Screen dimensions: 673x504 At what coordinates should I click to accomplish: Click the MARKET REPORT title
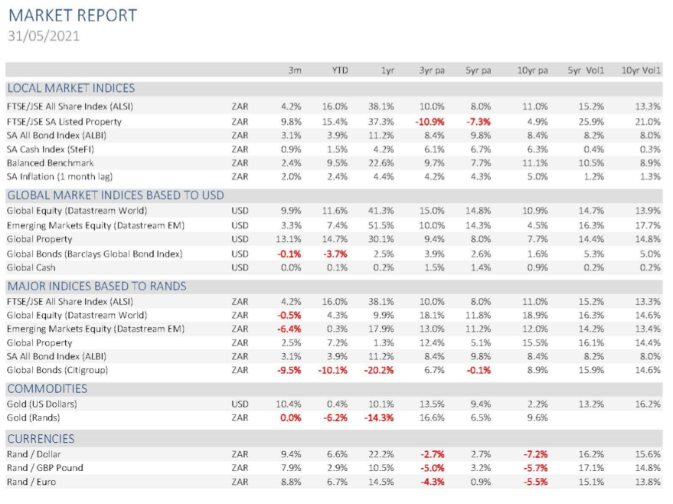tap(73, 15)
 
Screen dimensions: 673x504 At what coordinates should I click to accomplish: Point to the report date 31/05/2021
tap(44, 36)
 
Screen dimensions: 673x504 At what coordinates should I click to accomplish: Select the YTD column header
tap(339, 70)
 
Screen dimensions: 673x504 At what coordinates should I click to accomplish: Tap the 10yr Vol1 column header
tap(641, 70)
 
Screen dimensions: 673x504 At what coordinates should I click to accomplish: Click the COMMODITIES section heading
tap(47, 388)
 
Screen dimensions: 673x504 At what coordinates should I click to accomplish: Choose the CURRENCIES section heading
tap(41, 439)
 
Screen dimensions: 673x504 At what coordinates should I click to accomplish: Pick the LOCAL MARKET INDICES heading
tap(70, 88)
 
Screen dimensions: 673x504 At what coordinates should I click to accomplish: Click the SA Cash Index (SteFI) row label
tap(51, 149)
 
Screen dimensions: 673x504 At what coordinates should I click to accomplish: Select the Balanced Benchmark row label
tap(51, 163)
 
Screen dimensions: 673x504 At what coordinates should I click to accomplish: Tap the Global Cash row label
tap(31, 267)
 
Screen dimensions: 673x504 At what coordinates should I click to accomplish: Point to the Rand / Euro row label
tap(31, 482)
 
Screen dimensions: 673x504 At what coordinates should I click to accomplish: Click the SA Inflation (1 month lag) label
tap(60, 177)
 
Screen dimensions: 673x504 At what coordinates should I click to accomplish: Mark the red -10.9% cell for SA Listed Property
tap(430, 122)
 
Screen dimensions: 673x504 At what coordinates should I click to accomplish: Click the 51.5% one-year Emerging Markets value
tap(381, 225)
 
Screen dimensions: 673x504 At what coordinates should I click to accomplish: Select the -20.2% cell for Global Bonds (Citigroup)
tap(378, 370)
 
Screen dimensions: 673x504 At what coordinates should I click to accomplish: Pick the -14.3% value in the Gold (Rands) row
tap(378, 417)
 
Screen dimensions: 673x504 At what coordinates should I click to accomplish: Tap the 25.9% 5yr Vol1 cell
tap(591, 122)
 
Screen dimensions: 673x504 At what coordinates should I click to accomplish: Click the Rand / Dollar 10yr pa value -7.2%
tap(535, 454)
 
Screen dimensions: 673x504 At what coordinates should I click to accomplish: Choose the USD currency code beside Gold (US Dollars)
tap(240, 404)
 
